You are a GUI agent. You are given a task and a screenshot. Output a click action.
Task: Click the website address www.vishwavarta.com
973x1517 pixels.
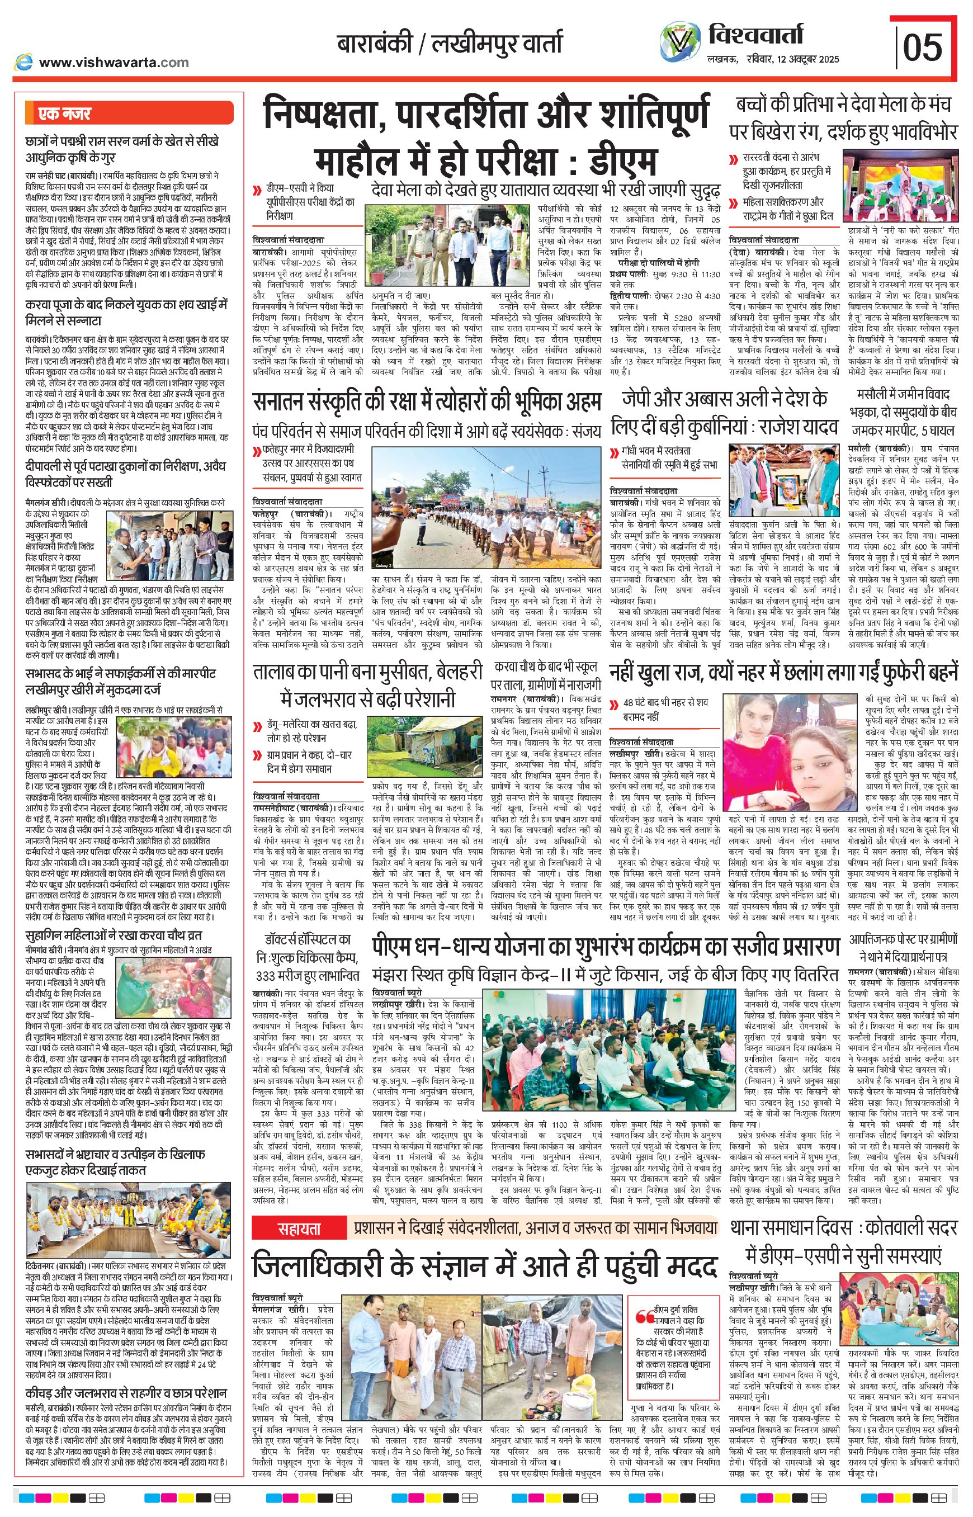(x=113, y=62)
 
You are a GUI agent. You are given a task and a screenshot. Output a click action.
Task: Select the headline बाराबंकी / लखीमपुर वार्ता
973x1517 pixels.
(x=448, y=45)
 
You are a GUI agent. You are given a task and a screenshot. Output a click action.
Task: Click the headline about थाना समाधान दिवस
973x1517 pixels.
(x=845, y=798)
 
